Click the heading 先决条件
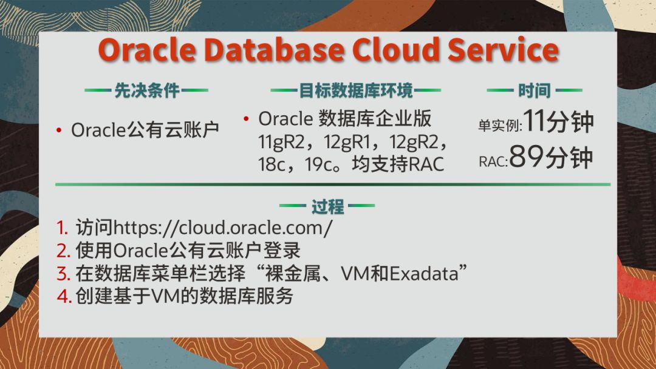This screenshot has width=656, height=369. click(147, 90)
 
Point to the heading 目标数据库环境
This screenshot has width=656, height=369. click(355, 90)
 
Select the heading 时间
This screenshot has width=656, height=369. click(535, 90)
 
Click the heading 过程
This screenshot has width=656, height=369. click(327, 206)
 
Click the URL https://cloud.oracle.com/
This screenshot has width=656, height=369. click(223, 228)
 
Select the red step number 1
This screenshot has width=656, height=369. click(63, 228)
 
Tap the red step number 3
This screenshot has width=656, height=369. click(63, 274)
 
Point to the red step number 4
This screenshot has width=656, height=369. click(64, 297)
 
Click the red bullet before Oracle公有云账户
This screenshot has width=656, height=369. click(59, 131)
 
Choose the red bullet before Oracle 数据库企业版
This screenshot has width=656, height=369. click(246, 119)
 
